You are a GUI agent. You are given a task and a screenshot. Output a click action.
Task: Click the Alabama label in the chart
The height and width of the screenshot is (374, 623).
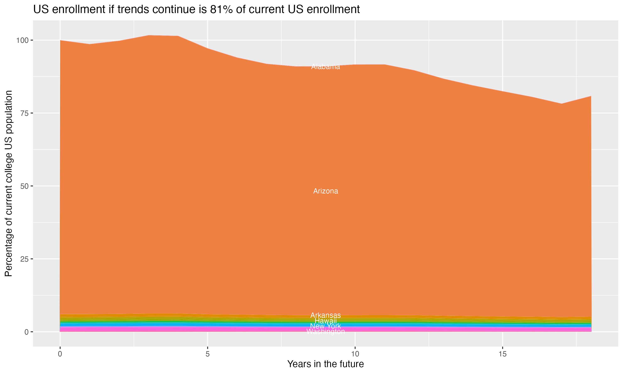(325, 67)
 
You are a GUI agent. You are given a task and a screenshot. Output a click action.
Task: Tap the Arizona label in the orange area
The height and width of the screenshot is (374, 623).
(325, 191)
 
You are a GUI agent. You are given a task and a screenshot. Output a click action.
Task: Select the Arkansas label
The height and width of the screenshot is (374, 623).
(325, 315)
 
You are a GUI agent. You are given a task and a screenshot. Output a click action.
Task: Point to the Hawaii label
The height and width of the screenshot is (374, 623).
(325, 321)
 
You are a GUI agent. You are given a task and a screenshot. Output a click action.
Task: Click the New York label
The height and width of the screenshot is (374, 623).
(325, 326)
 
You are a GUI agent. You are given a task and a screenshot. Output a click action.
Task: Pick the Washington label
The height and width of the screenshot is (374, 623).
(325, 332)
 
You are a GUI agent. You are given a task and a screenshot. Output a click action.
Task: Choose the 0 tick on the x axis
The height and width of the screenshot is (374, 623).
(60, 354)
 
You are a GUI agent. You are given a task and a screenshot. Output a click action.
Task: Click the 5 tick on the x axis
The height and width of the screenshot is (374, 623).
(207, 354)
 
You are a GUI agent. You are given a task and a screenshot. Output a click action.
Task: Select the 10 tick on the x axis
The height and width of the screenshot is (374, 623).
(355, 354)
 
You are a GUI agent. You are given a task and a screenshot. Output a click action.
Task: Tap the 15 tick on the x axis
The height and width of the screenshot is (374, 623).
(502, 354)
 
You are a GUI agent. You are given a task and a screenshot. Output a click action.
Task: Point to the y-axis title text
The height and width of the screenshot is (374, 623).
(9, 183)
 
